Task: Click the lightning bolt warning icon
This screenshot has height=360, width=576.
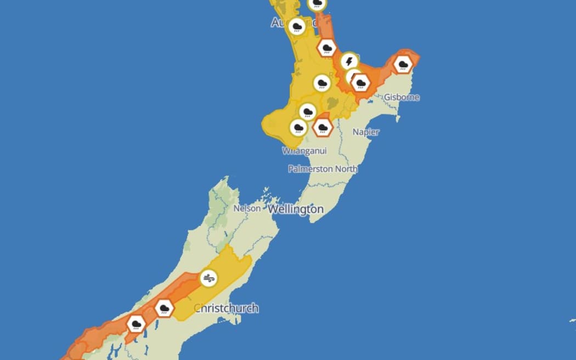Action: click(349, 61)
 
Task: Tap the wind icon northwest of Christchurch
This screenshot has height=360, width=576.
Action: click(208, 279)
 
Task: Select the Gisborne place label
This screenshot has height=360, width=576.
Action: click(402, 97)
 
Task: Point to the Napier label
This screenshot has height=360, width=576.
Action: click(366, 132)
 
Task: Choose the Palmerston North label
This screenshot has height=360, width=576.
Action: click(323, 169)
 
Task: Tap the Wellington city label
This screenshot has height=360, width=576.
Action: click(296, 210)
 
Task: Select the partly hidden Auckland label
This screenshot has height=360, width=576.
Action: click(283, 22)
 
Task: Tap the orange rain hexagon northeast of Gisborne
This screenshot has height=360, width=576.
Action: click(403, 65)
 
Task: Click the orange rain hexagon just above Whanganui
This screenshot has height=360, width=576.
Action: click(323, 128)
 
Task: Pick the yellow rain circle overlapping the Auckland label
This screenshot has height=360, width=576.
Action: click(297, 26)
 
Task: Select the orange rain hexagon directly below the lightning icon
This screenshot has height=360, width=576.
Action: click(360, 83)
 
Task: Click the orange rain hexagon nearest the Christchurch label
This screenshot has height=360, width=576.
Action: click(164, 308)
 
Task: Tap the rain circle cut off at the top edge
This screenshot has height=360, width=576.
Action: click(317, 4)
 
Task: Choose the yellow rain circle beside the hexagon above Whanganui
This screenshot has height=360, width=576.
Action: click(298, 128)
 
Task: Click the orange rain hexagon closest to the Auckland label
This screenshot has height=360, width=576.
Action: click(327, 48)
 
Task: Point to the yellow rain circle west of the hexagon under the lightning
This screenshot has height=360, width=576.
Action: click(321, 83)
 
